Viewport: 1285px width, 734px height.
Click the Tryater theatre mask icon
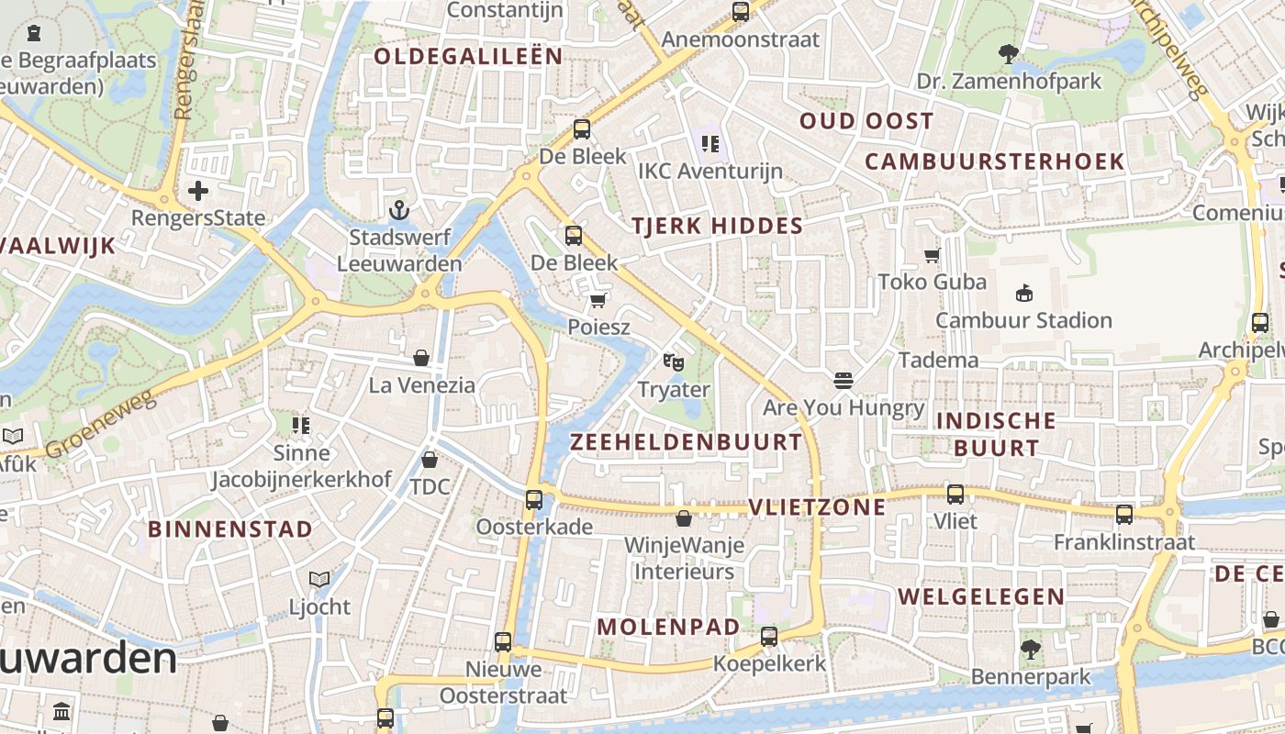tap(674, 361)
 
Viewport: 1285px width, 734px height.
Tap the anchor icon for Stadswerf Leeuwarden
tap(398, 210)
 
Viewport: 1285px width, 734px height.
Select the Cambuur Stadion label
tap(1023, 320)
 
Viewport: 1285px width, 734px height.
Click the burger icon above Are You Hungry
tap(844, 380)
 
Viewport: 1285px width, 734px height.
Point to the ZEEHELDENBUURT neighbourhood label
tap(687, 442)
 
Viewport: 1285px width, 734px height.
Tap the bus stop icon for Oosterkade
tap(534, 500)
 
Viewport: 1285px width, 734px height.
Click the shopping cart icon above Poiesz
tap(598, 300)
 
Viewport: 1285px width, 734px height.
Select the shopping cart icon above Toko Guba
tap(933, 255)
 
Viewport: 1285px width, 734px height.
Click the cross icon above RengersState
tap(198, 191)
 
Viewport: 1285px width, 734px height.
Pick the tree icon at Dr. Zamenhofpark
tap(1009, 54)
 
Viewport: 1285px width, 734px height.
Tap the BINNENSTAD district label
tap(230, 529)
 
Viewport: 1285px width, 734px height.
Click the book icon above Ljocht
tap(319, 579)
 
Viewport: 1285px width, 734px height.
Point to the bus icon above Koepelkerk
tap(769, 636)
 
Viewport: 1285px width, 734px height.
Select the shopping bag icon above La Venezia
tap(421, 357)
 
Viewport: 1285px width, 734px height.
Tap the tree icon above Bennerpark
tap(1031, 650)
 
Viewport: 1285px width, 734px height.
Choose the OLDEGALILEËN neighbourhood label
tap(468, 56)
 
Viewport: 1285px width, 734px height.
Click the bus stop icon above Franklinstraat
tap(1124, 515)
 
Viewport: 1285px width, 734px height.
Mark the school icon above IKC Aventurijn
tap(710, 143)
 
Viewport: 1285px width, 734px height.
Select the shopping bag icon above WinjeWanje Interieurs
tap(684, 518)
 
